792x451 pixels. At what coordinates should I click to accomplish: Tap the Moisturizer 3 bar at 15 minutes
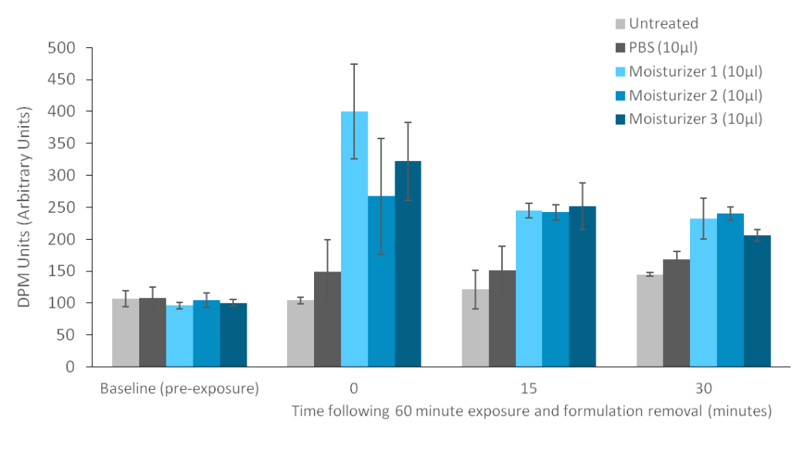point(582,285)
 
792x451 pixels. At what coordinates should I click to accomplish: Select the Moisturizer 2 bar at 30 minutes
point(730,289)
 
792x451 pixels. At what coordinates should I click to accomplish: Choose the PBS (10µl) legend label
point(664,48)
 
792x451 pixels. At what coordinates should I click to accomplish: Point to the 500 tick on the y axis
point(65,48)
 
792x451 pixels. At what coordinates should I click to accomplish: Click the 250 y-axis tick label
point(65,207)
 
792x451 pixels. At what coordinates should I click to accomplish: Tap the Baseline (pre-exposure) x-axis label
point(179,388)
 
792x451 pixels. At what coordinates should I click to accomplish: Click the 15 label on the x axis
point(529,388)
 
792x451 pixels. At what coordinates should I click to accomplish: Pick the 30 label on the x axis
point(704,388)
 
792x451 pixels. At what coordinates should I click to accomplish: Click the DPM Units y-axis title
point(25,207)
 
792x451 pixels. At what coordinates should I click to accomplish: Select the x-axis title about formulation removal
point(531,411)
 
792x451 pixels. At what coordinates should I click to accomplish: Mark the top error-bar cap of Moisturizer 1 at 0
point(354,63)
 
